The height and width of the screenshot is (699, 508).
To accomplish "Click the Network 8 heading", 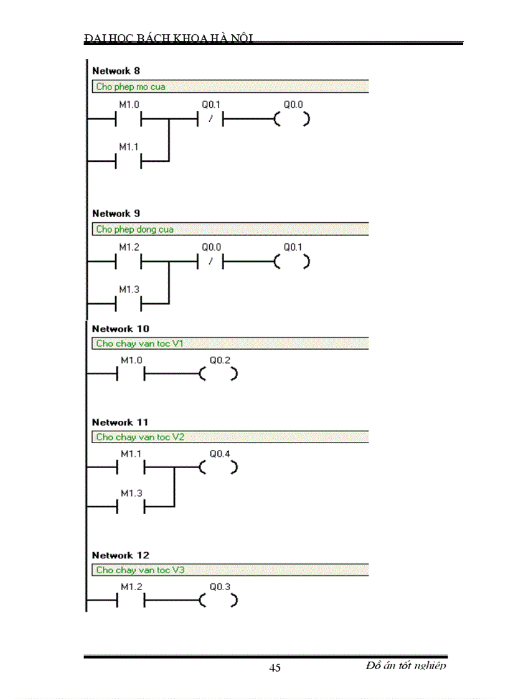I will pyautogui.click(x=116, y=71).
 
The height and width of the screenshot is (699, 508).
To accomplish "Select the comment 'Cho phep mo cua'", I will pyautogui.click(x=131, y=87).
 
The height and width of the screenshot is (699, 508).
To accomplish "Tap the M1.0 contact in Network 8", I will pyautogui.click(x=129, y=119).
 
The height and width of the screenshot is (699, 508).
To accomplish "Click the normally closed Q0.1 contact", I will pyautogui.click(x=210, y=119).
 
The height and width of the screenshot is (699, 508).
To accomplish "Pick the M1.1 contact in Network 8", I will pyautogui.click(x=129, y=161).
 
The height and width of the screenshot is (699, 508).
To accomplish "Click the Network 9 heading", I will pyautogui.click(x=116, y=213).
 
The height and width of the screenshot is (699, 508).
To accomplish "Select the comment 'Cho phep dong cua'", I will pyautogui.click(x=134, y=230).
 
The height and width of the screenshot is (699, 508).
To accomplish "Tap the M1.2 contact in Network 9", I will pyautogui.click(x=129, y=262).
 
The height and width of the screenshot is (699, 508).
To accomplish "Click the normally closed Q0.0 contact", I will pyautogui.click(x=210, y=262).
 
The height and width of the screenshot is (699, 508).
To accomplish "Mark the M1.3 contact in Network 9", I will pyautogui.click(x=129, y=304).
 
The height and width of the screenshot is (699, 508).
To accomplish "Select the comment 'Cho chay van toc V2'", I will pyautogui.click(x=140, y=437).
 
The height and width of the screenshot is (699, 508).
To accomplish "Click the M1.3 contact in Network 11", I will pyautogui.click(x=131, y=507).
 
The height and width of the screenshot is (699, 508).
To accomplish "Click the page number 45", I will pyautogui.click(x=275, y=668).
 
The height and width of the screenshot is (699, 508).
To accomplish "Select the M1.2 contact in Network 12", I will pyautogui.click(x=131, y=601).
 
